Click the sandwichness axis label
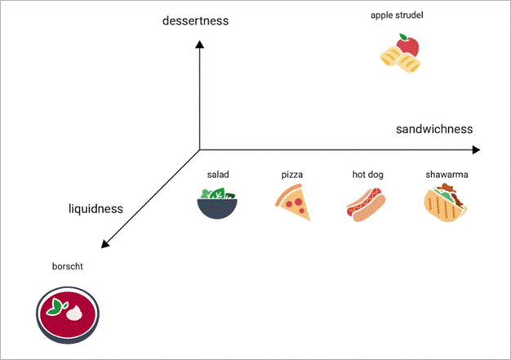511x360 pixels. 434,129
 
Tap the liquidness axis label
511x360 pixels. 96,209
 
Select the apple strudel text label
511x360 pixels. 397,15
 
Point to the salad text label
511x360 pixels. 217,176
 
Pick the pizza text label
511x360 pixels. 292,176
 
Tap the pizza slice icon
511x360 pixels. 293,203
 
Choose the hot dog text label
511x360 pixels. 367,176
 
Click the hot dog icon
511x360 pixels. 367,204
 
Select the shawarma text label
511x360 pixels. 447,176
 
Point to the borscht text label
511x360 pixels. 67,266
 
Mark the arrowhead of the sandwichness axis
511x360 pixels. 475,149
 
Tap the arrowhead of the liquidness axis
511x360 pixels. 104,245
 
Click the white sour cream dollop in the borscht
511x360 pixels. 75,312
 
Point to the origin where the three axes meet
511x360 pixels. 200,150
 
